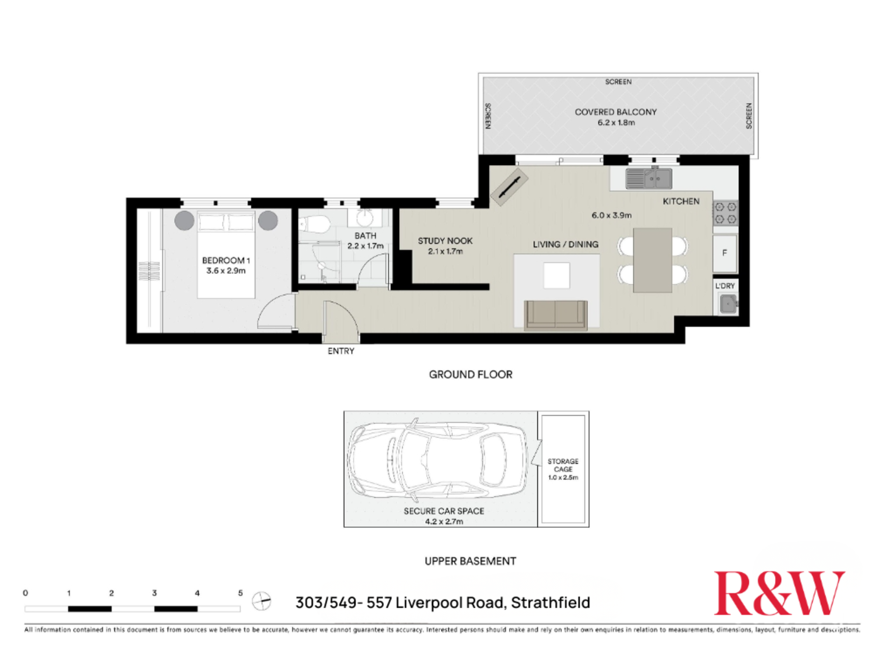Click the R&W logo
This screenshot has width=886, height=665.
[779, 593]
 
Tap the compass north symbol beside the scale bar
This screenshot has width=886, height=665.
[261, 601]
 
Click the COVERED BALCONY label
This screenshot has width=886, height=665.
[615, 112]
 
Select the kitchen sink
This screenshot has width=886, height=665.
[649, 179]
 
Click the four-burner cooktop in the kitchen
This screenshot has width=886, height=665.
[725, 213]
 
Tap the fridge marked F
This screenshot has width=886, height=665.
[725, 253]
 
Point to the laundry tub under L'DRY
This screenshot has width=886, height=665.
[728, 304]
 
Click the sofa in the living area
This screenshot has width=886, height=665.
[556, 315]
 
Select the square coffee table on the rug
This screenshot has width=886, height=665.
[556, 275]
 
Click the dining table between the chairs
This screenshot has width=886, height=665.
[652, 260]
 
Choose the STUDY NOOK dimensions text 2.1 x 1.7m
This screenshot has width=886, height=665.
[445, 251]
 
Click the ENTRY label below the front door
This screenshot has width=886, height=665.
[341, 351]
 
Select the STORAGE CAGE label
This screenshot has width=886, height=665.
[563, 465]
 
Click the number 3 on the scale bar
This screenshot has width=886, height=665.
[154, 593]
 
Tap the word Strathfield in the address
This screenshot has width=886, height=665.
[550, 602]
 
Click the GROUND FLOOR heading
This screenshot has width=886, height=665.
[470, 375]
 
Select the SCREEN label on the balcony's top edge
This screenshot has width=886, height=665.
[618, 82]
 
